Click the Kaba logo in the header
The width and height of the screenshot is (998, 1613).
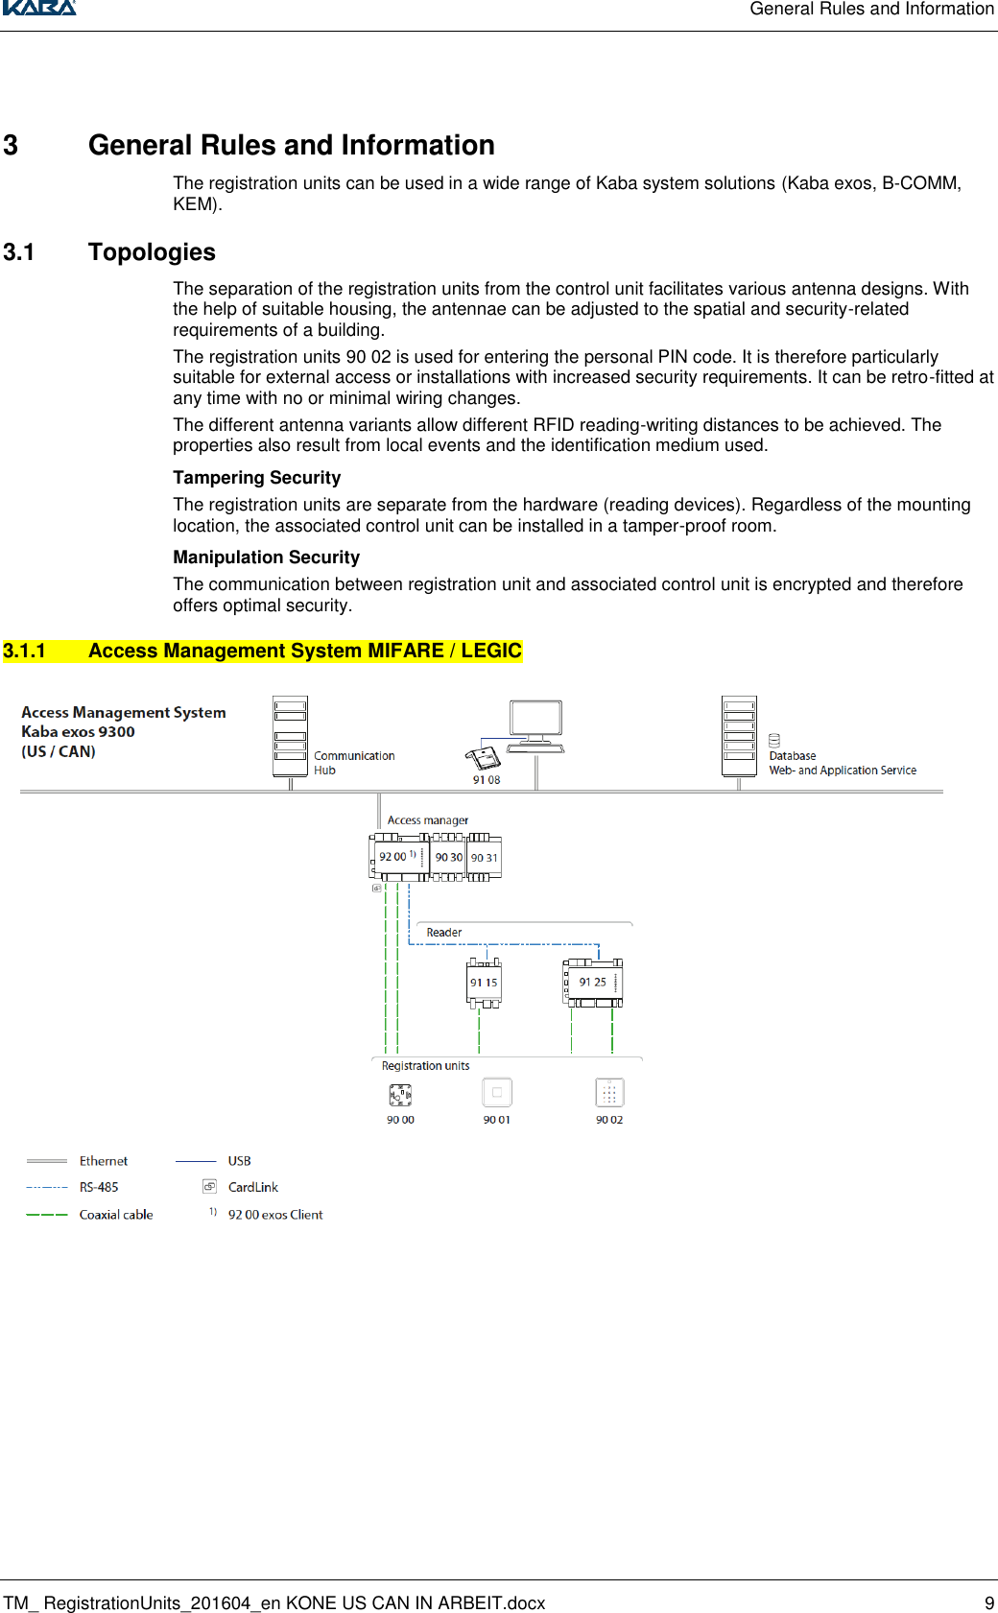(38, 7)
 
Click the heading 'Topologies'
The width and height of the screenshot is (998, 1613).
(152, 252)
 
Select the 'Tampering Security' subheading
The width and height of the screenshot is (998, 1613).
(256, 478)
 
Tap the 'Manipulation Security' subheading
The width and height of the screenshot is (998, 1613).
(266, 557)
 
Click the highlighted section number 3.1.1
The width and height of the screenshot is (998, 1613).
(24, 651)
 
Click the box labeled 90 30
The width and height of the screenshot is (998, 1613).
(448, 857)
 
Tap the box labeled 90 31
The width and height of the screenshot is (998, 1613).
(484, 857)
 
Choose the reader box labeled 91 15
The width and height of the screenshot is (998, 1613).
(484, 983)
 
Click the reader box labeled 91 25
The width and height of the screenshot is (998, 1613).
(593, 983)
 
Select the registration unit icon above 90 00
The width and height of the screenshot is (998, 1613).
(400, 1094)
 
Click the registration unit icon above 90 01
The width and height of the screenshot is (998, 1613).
(496, 1093)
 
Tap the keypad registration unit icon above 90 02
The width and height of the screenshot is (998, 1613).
(609, 1093)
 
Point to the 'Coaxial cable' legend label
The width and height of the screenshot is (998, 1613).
(116, 1215)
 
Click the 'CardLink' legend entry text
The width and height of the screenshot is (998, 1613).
(253, 1187)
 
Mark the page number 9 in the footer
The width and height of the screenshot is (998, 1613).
(989, 1602)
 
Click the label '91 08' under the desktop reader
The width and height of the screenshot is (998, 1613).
(487, 780)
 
